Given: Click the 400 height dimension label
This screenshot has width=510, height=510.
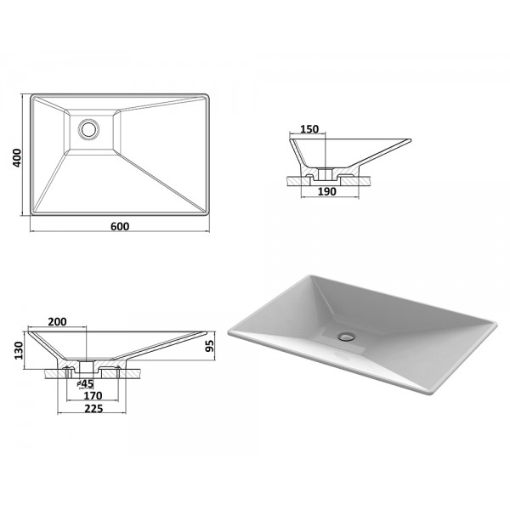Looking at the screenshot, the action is pyautogui.click(x=17, y=158).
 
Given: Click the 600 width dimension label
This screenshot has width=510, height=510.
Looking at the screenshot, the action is pyautogui.click(x=120, y=226).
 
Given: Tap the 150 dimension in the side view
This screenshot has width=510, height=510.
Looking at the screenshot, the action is pyautogui.click(x=309, y=129).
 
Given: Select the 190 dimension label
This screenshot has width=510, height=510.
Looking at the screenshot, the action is pyautogui.click(x=326, y=191).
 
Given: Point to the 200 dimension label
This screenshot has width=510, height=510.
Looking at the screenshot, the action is pyautogui.click(x=57, y=321).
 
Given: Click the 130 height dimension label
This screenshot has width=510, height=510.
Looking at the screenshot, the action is pyautogui.click(x=19, y=350).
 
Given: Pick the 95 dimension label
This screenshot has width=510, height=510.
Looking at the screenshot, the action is pyautogui.click(x=210, y=346).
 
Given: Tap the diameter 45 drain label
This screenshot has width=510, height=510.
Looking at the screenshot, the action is pyautogui.click(x=86, y=384).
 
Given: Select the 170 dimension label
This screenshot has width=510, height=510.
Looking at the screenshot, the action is pyautogui.click(x=93, y=395).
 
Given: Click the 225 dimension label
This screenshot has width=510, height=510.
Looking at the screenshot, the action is pyautogui.click(x=93, y=409).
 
